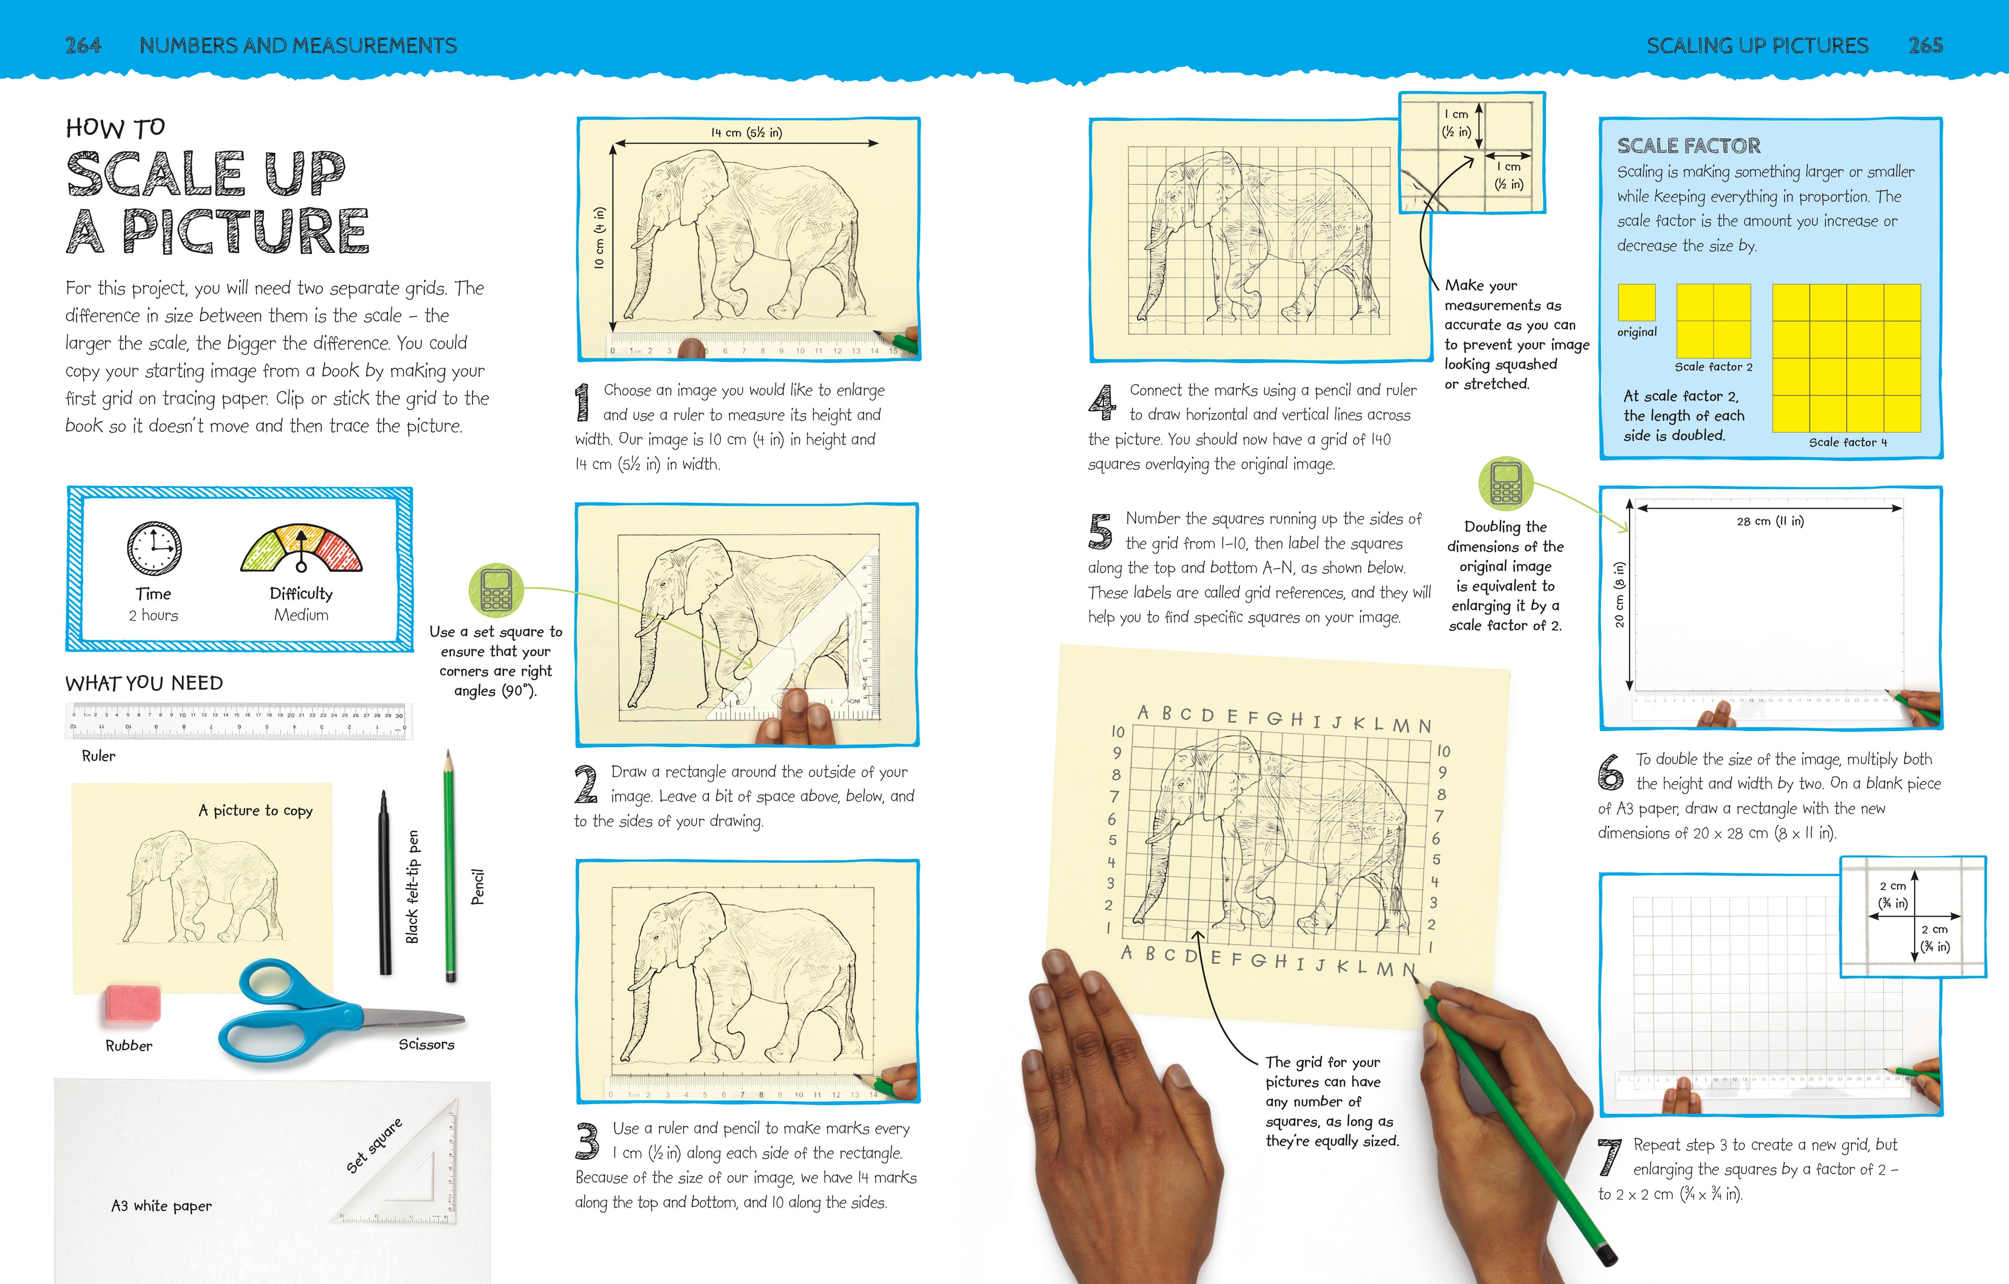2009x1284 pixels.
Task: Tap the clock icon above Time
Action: [x=154, y=548]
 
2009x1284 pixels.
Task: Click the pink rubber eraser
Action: [x=133, y=1005]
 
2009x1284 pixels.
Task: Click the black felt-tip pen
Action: [x=385, y=882]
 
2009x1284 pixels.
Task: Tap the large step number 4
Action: [x=1102, y=403]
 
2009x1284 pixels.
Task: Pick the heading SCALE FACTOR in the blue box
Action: [x=1689, y=146]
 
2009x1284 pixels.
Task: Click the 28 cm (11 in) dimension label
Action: [x=1769, y=522]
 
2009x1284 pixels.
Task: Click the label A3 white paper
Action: [x=162, y=1206]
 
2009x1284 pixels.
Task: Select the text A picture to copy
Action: [x=255, y=810]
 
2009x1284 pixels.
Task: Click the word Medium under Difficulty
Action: [x=301, y=615]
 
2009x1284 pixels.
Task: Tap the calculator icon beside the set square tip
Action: [x=496, y=589]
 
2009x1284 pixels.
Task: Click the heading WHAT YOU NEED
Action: [x=144, y=683]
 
